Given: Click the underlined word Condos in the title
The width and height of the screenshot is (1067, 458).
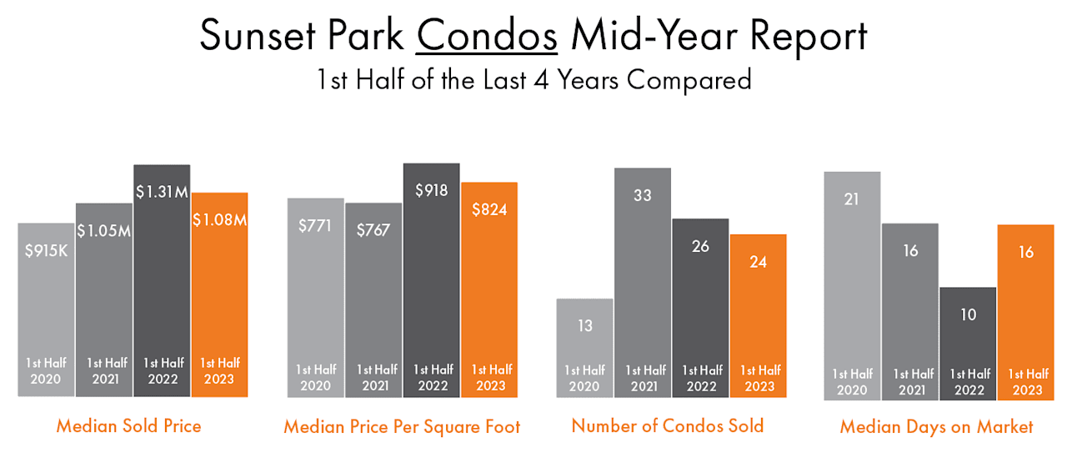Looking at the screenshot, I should (x=487, y=36).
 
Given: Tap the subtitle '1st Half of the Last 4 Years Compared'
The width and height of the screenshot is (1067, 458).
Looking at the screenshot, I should (x=533, y=80).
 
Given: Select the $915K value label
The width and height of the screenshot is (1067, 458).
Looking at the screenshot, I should (x=46, y=249).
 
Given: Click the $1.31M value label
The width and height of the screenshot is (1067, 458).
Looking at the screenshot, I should (x=162, y=191).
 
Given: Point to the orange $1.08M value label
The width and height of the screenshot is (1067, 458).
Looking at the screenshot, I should (x=220, y=220).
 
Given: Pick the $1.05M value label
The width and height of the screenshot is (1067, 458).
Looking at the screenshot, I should (x=103, y=230).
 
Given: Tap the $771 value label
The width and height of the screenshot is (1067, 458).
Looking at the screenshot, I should (x=315, y=224).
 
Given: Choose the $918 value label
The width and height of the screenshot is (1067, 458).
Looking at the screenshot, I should (x=431, y=190).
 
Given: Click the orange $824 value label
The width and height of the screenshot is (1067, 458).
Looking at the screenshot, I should (x=489, y=209).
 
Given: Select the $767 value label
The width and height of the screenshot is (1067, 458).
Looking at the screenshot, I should (x=373, y=230).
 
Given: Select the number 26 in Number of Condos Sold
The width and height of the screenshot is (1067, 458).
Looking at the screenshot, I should (x=700, y=246).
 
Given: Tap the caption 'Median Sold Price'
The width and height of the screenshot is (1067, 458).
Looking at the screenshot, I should (x=128, y=426).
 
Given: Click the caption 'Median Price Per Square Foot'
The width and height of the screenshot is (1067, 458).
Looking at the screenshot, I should (x=402, y=427).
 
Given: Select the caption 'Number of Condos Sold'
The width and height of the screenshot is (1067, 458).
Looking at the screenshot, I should (x=667, y=425).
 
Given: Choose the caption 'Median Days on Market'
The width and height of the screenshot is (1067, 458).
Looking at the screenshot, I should (x=936, y=427).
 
